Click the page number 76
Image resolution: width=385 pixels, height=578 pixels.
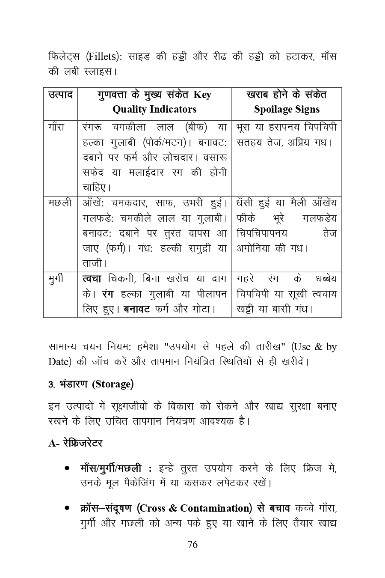192,545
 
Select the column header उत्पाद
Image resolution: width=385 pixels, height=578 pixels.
60,95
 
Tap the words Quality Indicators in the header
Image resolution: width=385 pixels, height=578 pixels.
154,109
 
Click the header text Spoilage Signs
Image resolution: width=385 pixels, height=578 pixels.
287,109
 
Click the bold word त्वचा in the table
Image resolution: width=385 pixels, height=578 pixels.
92,279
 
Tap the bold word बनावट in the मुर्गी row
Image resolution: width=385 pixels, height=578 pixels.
136,309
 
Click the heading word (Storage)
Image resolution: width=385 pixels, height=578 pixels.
113,384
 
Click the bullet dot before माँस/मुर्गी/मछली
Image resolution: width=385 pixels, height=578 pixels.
67,468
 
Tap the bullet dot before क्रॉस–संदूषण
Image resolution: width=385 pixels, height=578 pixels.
67,509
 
